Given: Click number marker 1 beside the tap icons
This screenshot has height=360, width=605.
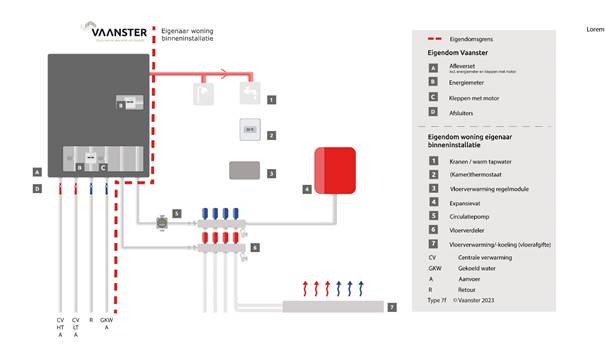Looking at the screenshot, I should (x=271, y=99).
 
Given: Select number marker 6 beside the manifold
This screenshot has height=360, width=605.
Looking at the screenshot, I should (x=255, y=246).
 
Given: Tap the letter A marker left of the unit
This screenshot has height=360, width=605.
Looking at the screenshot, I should (x=36, y=171).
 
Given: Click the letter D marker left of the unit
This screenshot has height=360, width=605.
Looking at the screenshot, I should (x=36, y=187).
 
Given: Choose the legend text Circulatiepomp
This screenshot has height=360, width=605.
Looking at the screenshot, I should (x=473, y=216).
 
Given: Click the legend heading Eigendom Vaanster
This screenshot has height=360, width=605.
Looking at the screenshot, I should (x=459, y=52).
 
